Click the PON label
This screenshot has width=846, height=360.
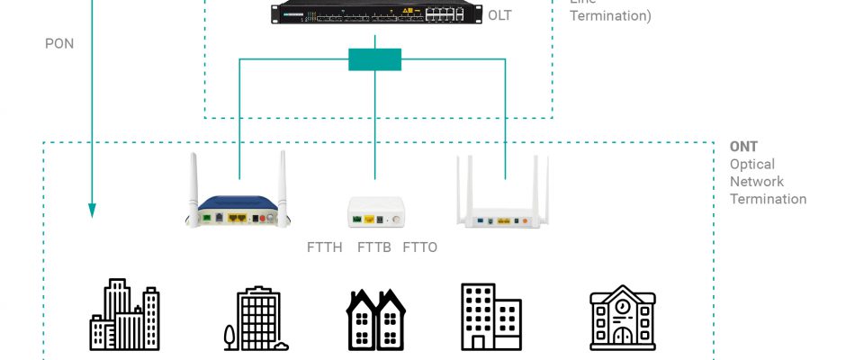[58, 42]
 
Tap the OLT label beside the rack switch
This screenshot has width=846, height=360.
[499, 15]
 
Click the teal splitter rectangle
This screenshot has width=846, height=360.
[374, 59]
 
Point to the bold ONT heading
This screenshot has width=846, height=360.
[743, 147]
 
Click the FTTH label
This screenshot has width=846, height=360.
[324, 247]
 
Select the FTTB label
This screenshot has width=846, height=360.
[373, 247]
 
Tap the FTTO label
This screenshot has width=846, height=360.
[419, 247]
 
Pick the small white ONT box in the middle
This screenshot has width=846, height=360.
[375, 213]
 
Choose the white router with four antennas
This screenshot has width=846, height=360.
[503, 202]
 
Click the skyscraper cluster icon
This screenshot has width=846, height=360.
[125, 314]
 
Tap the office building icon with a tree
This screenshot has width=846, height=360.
[256, 319]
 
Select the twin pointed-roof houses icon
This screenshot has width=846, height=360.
[375, 319]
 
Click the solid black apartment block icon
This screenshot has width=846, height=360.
[490, 317]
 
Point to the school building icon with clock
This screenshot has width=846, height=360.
[622, 319]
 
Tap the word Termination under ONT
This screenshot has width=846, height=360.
[768, 199]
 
